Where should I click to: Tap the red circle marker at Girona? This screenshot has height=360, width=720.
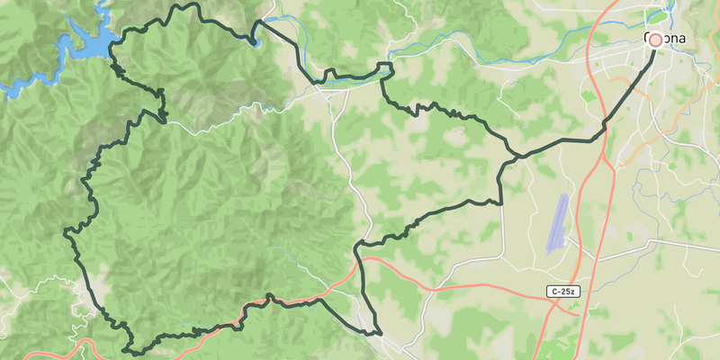(654, 40)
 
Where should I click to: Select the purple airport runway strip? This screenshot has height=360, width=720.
(558, 223)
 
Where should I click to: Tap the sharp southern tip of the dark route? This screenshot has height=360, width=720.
(380, 334)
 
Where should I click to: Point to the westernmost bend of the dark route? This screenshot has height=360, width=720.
(67, 232)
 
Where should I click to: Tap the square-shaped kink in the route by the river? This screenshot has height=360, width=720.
(385, 70)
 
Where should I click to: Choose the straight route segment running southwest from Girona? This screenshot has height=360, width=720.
(630, 90)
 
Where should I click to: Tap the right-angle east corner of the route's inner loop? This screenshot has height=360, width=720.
(500, 202)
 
